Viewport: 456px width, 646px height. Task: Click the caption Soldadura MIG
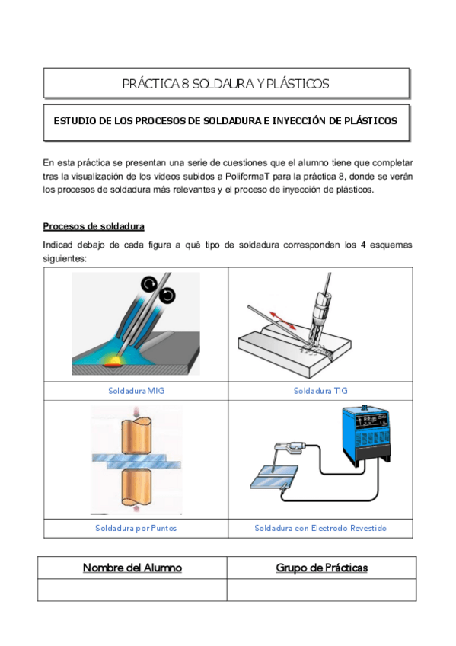coord(136,391)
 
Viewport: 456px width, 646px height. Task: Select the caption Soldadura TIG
coord(320,391)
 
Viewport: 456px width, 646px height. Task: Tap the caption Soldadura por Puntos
coord(136,528)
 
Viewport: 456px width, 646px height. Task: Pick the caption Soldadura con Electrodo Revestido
coord(320,528)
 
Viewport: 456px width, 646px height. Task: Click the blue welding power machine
coord(365,436)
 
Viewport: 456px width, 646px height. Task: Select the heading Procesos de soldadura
coord(94,226)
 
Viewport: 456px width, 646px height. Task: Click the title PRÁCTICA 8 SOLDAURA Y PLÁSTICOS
coord(226,84)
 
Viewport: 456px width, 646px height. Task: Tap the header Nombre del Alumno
coord(132,568)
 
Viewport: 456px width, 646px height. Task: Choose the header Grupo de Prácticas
coord(322,568)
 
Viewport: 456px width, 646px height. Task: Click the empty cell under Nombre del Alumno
coord(132,590)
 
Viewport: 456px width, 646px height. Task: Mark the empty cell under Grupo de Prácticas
coord(321,590)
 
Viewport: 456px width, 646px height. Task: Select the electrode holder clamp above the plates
coord(290,447)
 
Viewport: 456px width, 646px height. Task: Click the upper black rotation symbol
coord(149,283)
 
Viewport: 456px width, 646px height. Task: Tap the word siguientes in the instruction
coord(65,259)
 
